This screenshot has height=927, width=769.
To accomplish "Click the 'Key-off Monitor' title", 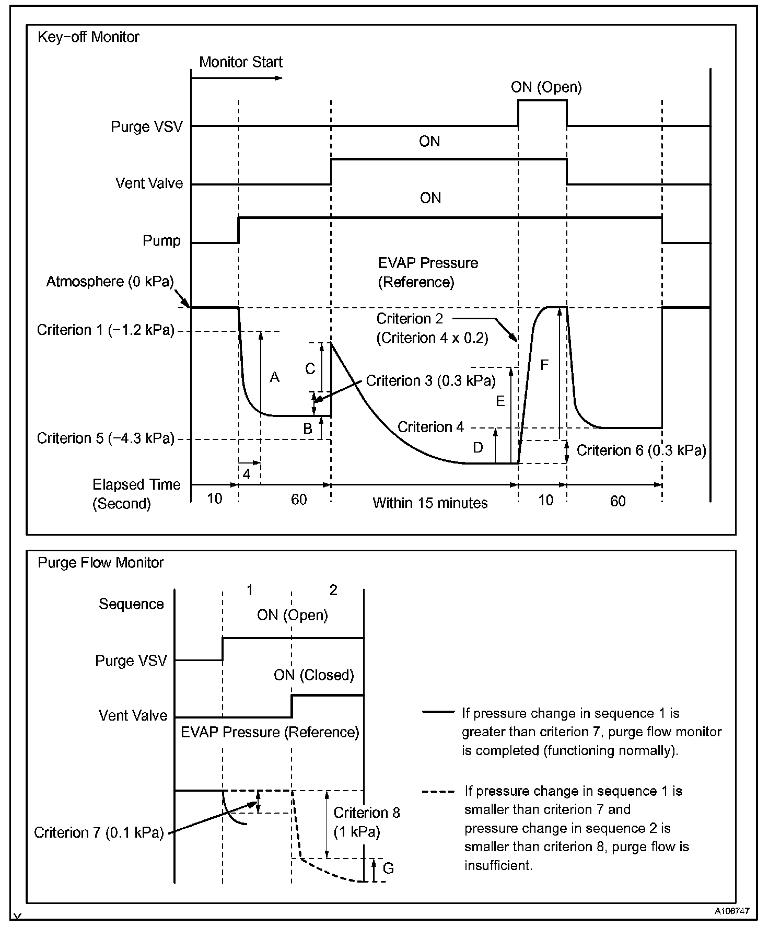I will (x=88, y=38).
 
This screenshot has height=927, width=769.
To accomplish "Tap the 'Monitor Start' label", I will (x=240, y=62).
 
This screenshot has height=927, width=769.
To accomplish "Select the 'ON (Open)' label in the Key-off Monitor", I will (x=546, y=87).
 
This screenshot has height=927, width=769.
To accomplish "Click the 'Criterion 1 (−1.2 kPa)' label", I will (x=106, y=330).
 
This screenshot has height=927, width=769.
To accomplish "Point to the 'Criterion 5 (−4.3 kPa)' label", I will (x=106, y=438).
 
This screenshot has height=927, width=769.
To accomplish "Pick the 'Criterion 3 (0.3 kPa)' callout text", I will (x=430, y=380).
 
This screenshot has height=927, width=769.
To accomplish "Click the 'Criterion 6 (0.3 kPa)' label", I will (x=641, y=450).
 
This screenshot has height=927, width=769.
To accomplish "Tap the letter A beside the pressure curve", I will (x=275, y=377).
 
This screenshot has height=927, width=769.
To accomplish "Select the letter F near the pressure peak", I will (x=544, y=365).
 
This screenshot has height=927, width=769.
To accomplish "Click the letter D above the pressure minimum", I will (x=477, y=447).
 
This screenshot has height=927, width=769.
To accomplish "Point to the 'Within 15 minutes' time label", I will (x=430, y=503).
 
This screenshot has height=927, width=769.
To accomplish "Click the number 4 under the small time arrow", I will (x=247, y=474).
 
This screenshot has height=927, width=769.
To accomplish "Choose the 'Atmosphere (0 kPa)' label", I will (x=110, y=282).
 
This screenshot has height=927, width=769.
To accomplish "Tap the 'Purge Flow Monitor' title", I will (x=101, y=563).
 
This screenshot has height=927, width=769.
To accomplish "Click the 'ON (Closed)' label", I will (x=313, y=675).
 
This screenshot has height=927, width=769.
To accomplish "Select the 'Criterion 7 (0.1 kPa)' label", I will (x=99, y=832).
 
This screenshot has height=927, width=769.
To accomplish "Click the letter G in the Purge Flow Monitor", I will (x=388, y=868).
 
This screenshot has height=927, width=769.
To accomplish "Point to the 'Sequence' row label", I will (x=131, y=604).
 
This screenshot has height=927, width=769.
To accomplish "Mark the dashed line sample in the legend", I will (x=438, y=792).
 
